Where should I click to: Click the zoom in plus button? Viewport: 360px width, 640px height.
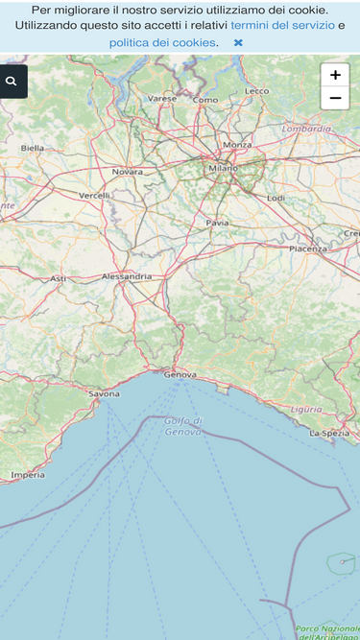point(335,75)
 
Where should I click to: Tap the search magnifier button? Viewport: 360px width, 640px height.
point(12,82)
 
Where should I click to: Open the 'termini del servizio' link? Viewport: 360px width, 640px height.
point(282,25)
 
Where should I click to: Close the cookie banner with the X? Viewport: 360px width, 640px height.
point(238,42)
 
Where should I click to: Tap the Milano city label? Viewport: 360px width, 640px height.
point(223,168)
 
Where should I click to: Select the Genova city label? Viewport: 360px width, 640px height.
point(180,374)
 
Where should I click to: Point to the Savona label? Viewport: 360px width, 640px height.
point(104,393)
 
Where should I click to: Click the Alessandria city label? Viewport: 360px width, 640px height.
point(127,276)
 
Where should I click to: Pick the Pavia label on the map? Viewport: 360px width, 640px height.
point(218,223)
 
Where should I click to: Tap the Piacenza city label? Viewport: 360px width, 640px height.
point(308,249)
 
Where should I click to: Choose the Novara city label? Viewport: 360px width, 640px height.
point(128,172)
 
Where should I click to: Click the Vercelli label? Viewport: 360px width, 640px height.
point(94,196)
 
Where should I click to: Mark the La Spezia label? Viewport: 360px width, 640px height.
point(328,433)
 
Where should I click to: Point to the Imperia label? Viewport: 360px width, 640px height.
point(28,475)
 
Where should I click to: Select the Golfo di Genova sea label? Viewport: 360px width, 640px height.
point(183,426)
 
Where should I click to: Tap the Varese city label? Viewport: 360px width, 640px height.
point(162,98)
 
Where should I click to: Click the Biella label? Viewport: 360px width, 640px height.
point(33,148)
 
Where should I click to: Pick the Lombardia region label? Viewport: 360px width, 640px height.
point(306,128)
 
